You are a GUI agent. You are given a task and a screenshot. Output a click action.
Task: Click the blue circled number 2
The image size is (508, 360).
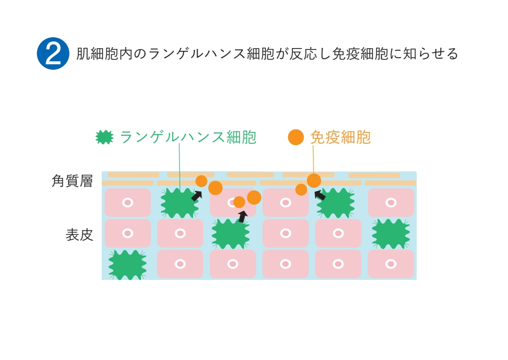(x=53, y=54)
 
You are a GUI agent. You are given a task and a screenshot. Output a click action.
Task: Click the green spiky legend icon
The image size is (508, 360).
(x=105, y=137)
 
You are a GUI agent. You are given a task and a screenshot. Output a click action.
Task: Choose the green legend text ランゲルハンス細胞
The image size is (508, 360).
(x=188, y=137)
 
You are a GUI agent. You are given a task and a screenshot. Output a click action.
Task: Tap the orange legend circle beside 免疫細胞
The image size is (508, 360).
(x=296, y=137)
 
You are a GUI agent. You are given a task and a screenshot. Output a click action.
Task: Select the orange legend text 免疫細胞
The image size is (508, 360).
(x=340, y=137)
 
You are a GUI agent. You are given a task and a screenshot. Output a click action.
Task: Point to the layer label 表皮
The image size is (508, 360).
(x=79, y=235)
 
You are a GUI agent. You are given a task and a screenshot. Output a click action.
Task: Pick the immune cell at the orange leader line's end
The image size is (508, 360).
(x=314, y=180)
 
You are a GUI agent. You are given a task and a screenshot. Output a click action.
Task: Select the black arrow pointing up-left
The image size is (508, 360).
(x=320, y=195)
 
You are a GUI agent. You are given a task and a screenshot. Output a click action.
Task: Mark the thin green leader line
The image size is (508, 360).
(x=180, y=165)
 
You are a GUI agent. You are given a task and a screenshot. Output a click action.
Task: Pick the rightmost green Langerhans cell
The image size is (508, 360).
(x=390, y=234)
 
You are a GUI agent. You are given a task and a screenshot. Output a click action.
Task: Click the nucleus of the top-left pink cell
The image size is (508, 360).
(x=127, y=203)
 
